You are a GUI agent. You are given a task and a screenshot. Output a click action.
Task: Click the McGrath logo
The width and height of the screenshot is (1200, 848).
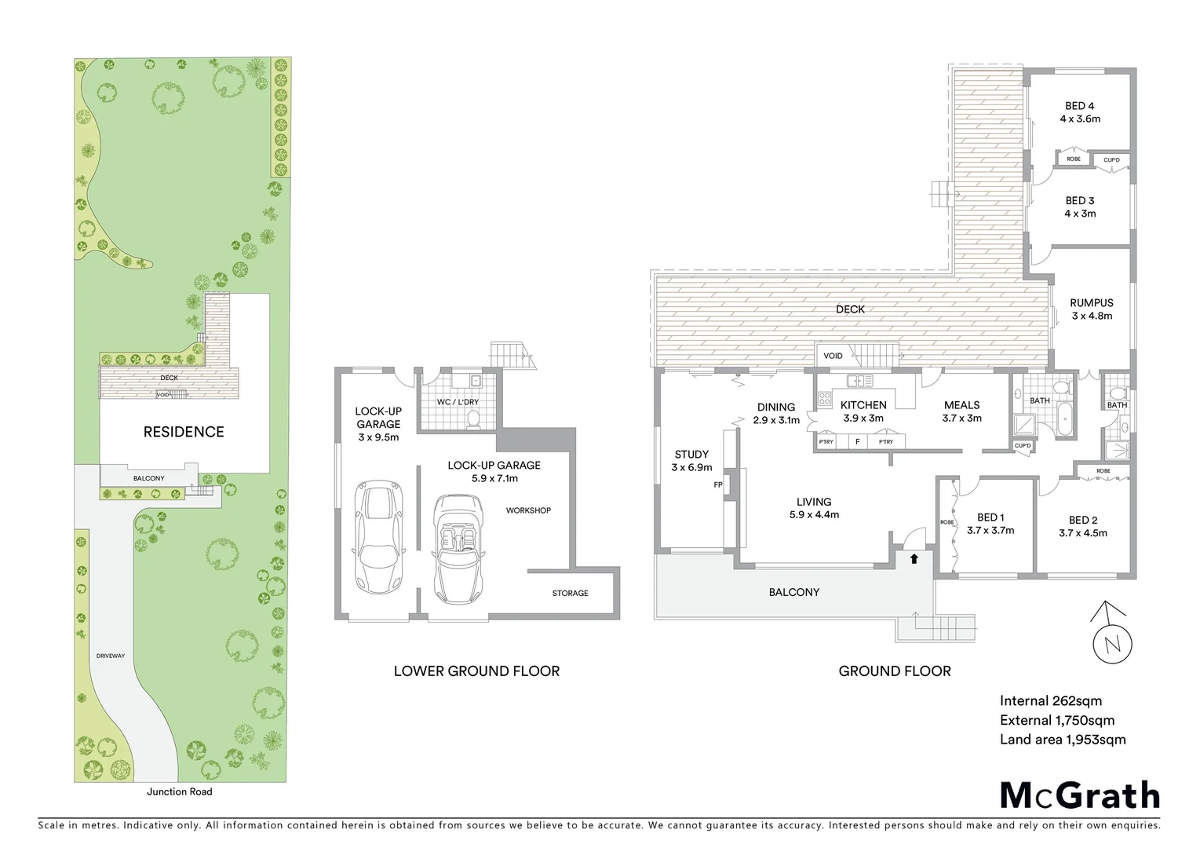(x=1079, y=795)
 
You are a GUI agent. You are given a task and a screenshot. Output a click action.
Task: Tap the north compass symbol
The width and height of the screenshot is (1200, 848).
(x=1111, y=642)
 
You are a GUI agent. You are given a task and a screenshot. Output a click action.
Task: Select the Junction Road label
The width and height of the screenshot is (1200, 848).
(x=179, y=791)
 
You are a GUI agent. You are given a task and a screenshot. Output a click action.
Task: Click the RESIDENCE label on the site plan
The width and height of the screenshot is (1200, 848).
(x=183, y=432)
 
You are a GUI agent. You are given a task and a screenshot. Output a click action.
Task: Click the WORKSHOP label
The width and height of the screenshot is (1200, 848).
(x=528, y=510)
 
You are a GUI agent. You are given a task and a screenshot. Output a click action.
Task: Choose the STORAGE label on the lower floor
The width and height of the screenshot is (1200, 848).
(x=570, y=593)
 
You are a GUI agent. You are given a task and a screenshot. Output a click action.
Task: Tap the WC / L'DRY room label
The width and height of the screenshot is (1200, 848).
(x=458, y=402)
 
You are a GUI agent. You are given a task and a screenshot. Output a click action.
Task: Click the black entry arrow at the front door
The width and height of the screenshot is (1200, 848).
(x=914, y=559)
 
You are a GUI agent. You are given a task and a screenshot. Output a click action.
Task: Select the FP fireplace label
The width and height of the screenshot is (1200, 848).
(x=717, y=485)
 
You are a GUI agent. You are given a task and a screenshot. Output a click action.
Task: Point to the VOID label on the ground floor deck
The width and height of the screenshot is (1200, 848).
(x=833, y=356)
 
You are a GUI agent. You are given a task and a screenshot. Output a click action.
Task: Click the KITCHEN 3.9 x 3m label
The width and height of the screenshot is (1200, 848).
(x=863, y=411)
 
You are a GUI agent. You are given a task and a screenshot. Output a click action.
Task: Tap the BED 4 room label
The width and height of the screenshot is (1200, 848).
(x=1079, y=112)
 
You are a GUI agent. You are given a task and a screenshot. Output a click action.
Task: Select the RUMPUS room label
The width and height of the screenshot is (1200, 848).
(x=1092, y=309)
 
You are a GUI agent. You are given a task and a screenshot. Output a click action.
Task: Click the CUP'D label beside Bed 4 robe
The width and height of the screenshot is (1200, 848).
(x=1111, y=160)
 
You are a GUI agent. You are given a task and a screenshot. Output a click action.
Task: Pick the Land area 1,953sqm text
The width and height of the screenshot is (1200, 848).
(x=1063, y=740)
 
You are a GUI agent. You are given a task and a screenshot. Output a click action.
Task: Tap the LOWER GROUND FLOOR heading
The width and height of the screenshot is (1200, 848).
(x=476, y=671)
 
